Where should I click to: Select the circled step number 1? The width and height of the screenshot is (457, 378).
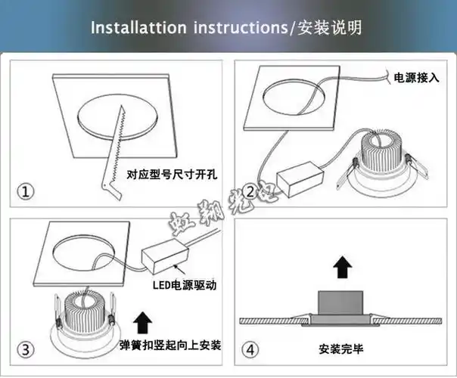pyautogui.click(x=26, y=192)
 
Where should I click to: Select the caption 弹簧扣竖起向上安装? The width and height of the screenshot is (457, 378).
pyautogui.click(x=170, y=345)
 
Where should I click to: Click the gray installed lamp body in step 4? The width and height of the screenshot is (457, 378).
pyautogui.click(x=340, y=303)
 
